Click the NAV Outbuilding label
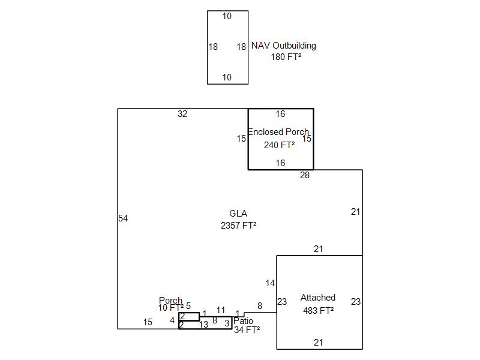click(283, 46)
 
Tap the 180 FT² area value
click(286, 57)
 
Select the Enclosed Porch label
click(278, 132)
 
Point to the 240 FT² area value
click(279, 145)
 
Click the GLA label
click(238, 214)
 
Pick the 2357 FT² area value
click(238, 226)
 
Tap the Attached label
click(318, 298)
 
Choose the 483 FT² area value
click(318, 310)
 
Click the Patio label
click(243, 321)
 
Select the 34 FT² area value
click(247, 329)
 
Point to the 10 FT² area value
click(171, 308)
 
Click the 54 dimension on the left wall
click(123, 218)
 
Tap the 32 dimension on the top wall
click(182, 114)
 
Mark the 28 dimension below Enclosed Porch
click(305, 175)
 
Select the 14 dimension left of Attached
click(270, 283)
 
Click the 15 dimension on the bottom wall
click(148, 322)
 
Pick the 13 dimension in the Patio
click(204, 325)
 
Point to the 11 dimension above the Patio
click(221, 310)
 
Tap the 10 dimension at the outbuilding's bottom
click(227, 77)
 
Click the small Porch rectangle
click(190, 316)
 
